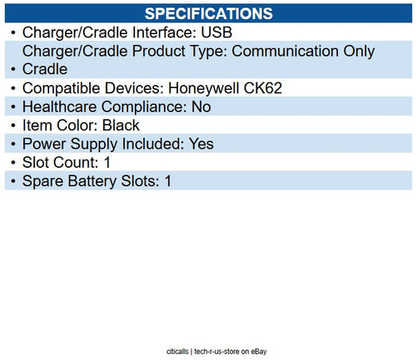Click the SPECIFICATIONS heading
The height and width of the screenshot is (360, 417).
(208, 13)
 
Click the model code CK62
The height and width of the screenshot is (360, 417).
(250, 87)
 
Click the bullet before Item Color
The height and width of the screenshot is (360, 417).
(12, 125)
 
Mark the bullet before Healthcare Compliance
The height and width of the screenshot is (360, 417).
(12, 106)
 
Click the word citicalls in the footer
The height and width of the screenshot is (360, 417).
(176, 352)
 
